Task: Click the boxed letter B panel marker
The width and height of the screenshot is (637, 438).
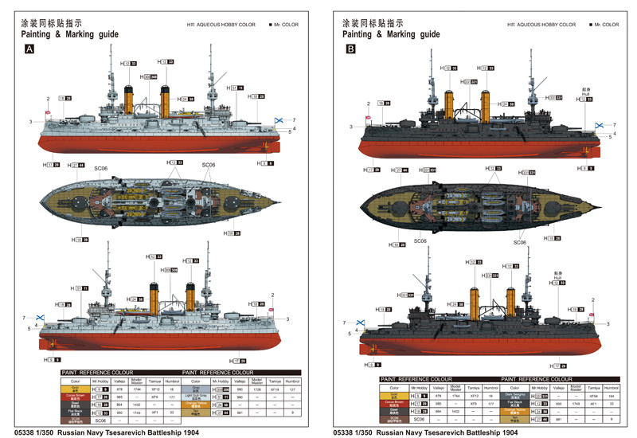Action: (351, 49)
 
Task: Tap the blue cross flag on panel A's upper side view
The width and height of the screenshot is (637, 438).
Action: (279, 120)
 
